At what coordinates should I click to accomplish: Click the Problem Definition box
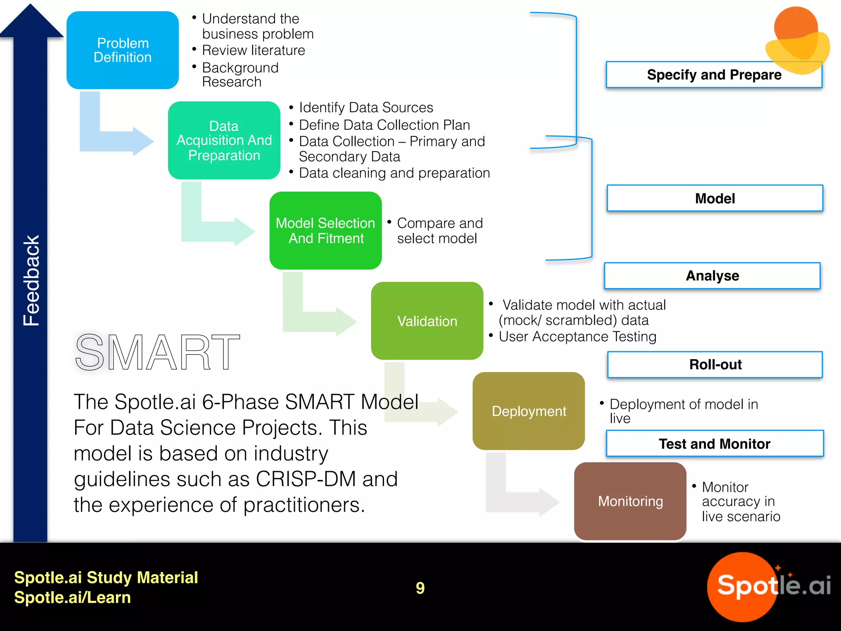tap(122, 50)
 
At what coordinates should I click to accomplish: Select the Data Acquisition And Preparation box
tap(224, 140)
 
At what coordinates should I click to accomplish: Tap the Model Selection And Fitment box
tap(325, 230)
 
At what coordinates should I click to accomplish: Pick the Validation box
tap(427, 321)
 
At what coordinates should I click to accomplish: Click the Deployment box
tap(528, 411)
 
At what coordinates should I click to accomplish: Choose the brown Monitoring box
tap(630, 501)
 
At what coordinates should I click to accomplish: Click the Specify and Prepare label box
tap(714, 75)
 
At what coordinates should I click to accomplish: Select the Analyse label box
tap(712, 276)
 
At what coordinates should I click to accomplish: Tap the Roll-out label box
tap(715, 364)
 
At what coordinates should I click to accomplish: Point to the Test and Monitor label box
tap(715, 444)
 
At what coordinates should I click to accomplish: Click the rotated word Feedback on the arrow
tap(31, 281)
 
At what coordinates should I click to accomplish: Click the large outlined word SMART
tap(157, 352)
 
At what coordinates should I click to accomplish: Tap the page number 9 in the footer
tap(420, 588)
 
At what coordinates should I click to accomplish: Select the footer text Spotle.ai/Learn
tap(72, 597)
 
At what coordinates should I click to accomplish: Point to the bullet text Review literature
tap(253, 51)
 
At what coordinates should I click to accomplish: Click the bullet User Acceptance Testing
tap(577, 337)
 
